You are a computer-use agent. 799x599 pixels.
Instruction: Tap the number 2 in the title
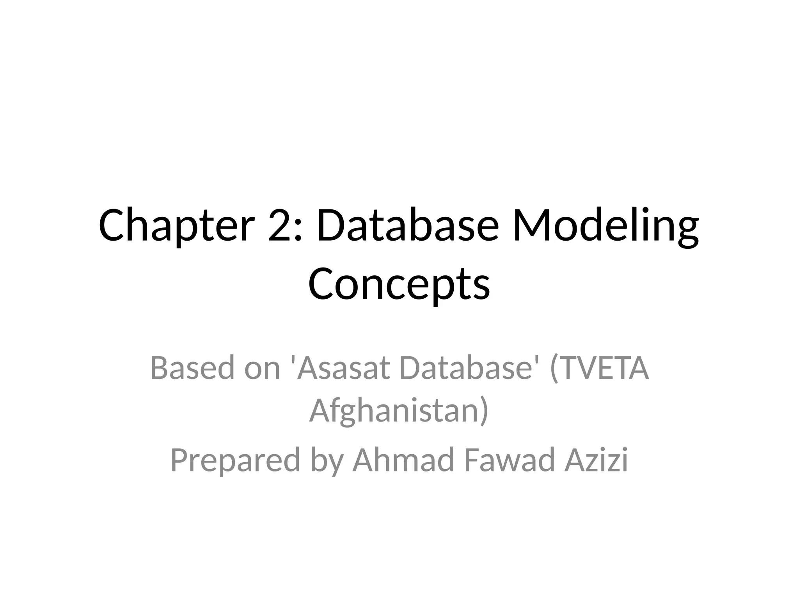click(280, 226)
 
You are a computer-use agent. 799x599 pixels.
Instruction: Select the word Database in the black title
click(407, 226)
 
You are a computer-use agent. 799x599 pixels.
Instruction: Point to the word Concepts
click(399, 284)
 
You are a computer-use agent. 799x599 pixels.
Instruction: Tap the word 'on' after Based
click(262, 369)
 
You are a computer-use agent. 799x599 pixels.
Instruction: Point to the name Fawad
click(510, 460)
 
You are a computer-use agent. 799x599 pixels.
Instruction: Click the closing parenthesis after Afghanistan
click(484, 411)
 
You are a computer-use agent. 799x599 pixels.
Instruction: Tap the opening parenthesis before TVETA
click(554, 369)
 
